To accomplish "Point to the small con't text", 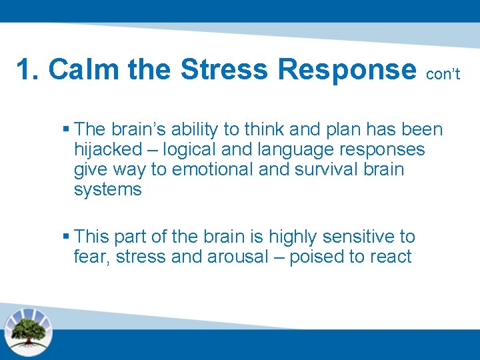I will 443,74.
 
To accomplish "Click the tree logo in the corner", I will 27,331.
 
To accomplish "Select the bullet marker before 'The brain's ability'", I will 65,128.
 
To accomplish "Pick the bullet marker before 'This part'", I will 65,237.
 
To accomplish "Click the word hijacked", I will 108,149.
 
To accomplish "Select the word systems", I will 107,190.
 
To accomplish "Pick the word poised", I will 317,257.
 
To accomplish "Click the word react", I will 389,257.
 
